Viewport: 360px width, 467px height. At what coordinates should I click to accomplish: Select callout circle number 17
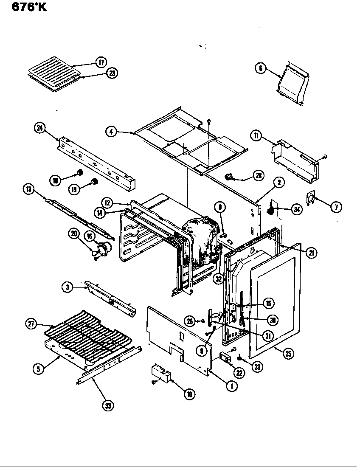click(x=101, y=62)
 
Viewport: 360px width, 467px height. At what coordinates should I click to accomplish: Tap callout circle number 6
click(x=261, y=68)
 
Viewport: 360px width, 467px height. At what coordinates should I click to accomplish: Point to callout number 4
click(x=111, y=132)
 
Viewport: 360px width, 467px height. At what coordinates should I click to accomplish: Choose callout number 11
click(x=256, y=136)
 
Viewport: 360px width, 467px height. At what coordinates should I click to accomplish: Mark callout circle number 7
click(x=336, y=207)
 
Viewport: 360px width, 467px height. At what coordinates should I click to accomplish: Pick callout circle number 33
click(x=108, y=406)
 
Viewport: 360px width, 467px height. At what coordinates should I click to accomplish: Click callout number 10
click(x=189, y=394)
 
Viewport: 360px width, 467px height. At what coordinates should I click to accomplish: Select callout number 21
click(x=311, y=253)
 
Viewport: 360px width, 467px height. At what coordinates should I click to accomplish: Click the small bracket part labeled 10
click(x=161, y=372)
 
